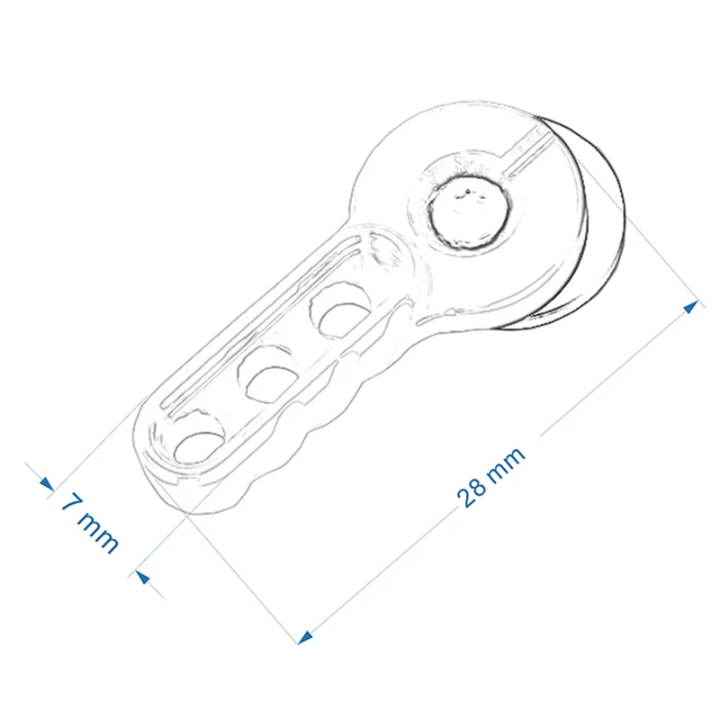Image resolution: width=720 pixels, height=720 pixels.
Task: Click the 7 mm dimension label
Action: point(90,522)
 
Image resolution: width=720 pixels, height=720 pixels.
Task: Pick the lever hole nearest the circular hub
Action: point(341,311)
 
